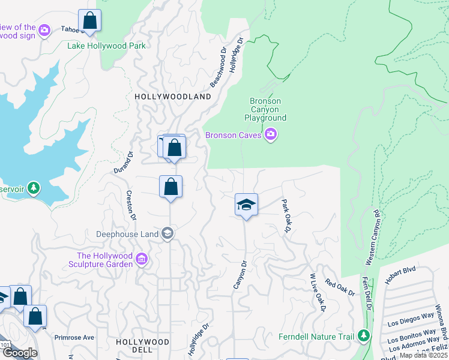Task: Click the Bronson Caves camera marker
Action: coord(270,135)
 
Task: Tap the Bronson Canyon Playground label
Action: coord(265,110)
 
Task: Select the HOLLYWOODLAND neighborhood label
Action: coord(173,97)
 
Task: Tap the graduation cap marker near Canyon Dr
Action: coord(246,205)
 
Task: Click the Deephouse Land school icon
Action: coord(168,233)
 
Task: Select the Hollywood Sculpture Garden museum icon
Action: coord(142,259)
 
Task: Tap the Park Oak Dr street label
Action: coord(286,216)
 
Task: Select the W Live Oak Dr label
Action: coord(316,293)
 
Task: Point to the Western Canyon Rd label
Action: coord(372,238)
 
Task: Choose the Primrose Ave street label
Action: coord(74,337)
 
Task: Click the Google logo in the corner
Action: coord(20,353)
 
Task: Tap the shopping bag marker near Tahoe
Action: coord(89,20)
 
